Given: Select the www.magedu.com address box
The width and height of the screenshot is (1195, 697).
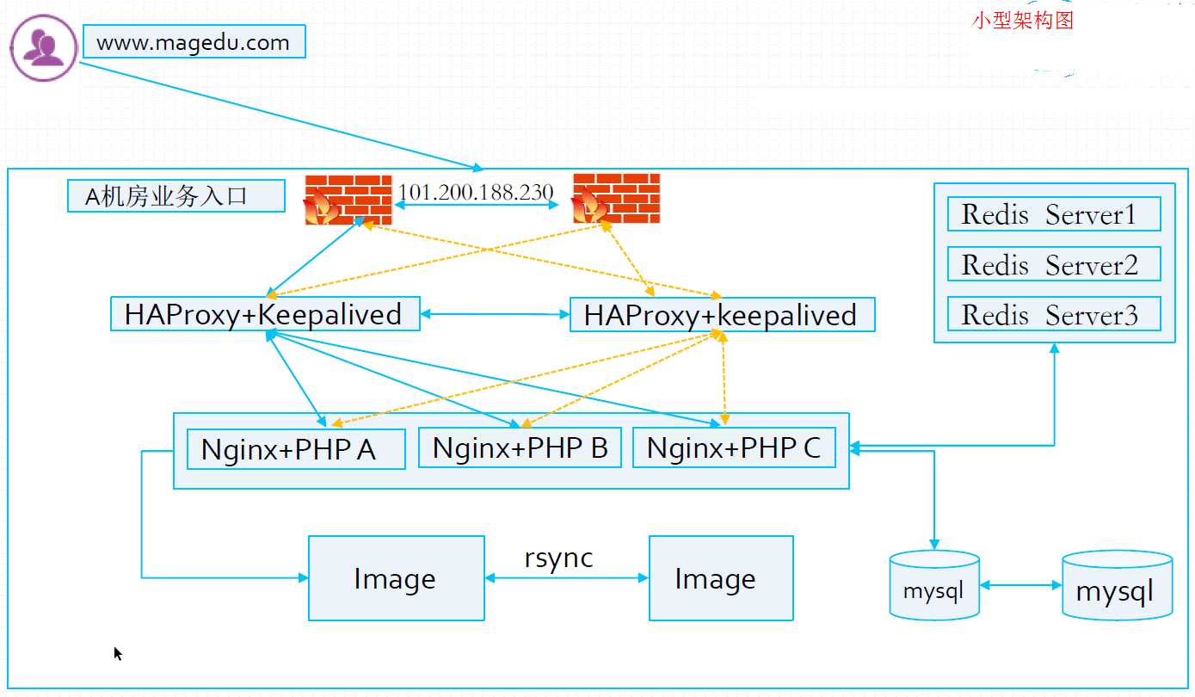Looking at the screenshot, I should pos(194,42).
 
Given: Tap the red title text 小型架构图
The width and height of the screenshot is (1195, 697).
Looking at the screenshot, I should pos(1023,21).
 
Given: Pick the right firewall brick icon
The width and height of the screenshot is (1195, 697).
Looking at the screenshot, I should pos(616,199).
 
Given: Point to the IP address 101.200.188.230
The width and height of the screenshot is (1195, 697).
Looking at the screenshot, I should pos(476,192).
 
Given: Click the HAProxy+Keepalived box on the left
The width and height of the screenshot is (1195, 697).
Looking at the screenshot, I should pos(265,314).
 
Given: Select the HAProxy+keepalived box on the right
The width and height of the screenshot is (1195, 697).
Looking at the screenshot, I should pos(722,315).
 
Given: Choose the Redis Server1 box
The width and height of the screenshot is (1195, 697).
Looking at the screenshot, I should pos(1054,214).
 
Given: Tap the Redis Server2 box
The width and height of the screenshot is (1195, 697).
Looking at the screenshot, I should pos(1054,264).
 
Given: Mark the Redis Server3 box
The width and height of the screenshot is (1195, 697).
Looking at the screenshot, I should pos(1054,314).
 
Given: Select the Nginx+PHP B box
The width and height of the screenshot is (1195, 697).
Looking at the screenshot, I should pos(520,447).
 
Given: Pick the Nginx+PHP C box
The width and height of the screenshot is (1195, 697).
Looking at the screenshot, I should pos(734,447).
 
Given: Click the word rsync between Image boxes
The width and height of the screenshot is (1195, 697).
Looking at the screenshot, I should pos(558,558).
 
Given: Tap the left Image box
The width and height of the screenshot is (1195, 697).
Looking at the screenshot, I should pos(396,578).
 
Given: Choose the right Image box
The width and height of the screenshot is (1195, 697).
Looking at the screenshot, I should pos(720,578).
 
